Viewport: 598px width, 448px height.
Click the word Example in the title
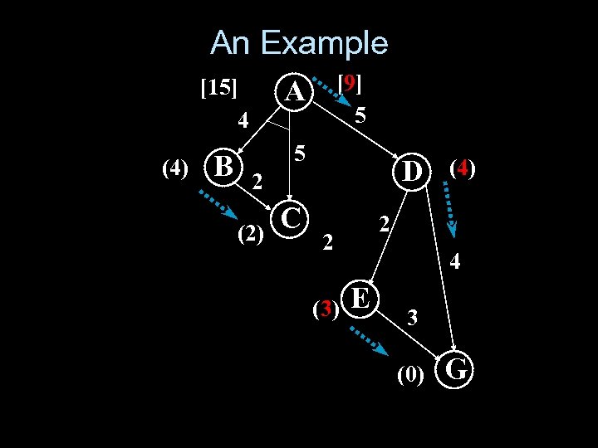pyautogui.click(x=333, y=43)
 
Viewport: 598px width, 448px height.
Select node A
pyautogui.click(x=294, y=92)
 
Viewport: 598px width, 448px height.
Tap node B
pyautogui.click(x=223, y=164)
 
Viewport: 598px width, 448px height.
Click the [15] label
pyautogui.click(x=220, y=87)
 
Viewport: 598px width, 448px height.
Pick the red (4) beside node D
pyautogui.click(x=463, y=168)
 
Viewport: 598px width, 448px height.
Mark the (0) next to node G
pyautogui.click(x=411, y=375)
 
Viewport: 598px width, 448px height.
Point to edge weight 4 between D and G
pyautogui.click(x=455, y=263)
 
